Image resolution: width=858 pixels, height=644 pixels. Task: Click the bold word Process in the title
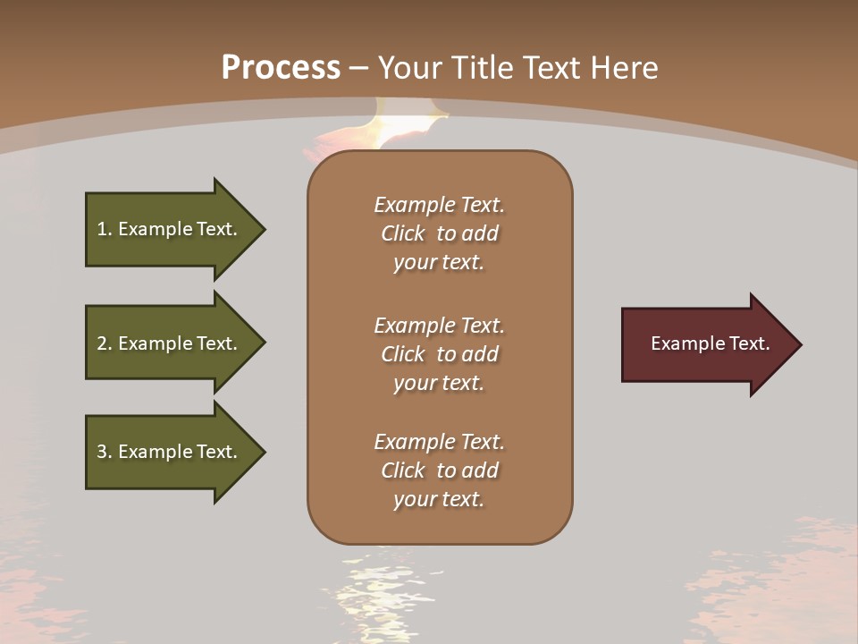[281, 68]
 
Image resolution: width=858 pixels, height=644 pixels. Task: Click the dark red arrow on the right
[706, 344]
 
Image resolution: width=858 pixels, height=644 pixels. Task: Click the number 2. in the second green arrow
[105, 343]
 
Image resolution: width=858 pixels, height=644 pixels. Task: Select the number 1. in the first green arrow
[105, 229]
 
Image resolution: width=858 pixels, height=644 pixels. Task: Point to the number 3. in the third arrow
[105, 452]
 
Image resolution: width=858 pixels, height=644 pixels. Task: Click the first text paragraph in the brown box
[439, 233]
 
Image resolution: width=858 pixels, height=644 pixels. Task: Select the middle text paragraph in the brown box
[439, 354]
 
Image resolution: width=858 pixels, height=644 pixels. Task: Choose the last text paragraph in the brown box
[439, 470]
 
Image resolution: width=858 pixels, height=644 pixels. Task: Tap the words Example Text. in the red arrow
[710, 343]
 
